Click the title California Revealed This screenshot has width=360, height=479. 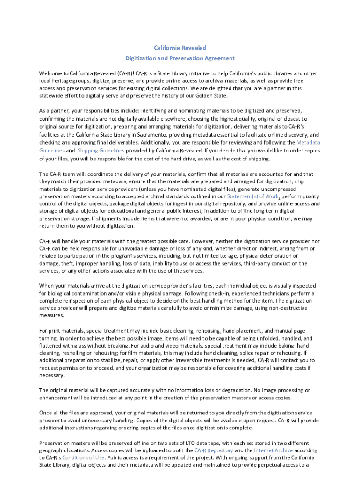coord(180,48)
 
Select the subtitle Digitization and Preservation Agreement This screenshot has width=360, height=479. coord(180,58)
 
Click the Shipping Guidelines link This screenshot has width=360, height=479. coord(101,151)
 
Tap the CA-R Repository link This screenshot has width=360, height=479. coord(213,450)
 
